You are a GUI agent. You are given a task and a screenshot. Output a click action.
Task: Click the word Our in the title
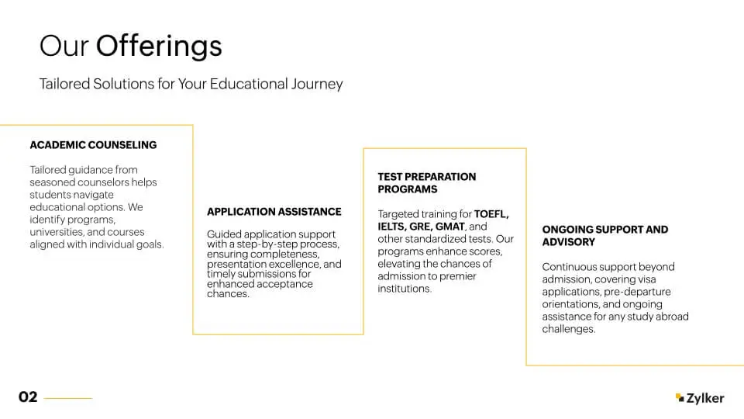pyautogui.click(x=64, y=47)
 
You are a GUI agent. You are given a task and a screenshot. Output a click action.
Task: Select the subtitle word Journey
pyautogui.click(x=317, y=84)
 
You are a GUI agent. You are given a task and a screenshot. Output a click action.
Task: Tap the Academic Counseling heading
pyautogui.click(x=93, y=145)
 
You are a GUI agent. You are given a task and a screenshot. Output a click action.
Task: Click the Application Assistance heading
pyautogui.click(x=274, y=212)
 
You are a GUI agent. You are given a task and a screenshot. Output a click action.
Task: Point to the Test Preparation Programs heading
pyautogui.click(x=426, y=183)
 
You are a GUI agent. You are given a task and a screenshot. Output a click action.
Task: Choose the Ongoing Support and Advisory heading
pyautogui.click(x=605, y=236)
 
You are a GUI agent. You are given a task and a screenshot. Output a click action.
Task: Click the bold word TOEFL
pyautogui.click(x=491, y=214)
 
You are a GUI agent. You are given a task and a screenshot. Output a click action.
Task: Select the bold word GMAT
pyautogui.click(x=449, y=227)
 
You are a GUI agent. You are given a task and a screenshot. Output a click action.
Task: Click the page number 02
pyautogui.click(x=28, y=396)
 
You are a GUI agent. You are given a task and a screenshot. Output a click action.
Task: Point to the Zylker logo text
pyautogui.click(x=705, y=398)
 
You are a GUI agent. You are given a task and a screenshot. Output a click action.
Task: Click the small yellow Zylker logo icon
pyautogui.click(x=680, y=397)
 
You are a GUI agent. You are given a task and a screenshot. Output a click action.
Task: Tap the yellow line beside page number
pyautogui.click(x=68, y=398)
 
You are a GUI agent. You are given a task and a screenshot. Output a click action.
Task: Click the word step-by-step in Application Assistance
pyautogui.click(x=263, y=244)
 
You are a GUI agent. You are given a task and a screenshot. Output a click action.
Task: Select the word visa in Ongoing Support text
pyautogui.click(x=646, y=279)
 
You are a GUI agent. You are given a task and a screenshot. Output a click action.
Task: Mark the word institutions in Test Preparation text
pyautogui.click(x=405, y=289)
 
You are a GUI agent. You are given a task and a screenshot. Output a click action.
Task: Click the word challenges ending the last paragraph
pyautogui.click(x=568, y=329)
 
